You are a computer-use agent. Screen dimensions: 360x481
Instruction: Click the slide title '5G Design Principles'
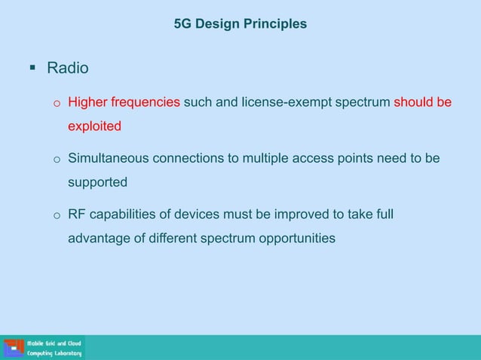(x=240, y=24)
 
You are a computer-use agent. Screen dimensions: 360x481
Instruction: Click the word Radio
(x=68, y=69)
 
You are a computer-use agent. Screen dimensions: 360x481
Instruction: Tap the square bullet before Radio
(x=32, y=69)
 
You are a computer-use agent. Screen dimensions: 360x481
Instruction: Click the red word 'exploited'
(x=94, y=126)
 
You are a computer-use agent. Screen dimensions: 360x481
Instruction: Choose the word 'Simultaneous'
(x=109, y=159)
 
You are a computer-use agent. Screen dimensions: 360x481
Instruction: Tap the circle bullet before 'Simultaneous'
(x=56, y=160)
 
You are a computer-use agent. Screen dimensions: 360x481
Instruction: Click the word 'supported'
(x=97, y=182)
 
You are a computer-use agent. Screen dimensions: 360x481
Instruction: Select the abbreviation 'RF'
(x=77, y=215)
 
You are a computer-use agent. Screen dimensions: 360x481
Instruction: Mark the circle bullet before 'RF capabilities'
(x=56, y=217)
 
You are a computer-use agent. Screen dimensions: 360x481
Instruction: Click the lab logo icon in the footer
(x=13, y=347)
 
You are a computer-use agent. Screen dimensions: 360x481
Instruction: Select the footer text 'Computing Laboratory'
(x=54, y=353)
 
